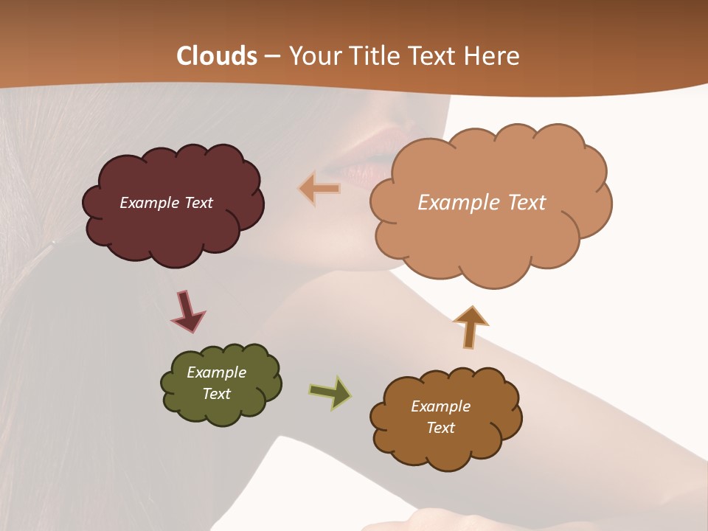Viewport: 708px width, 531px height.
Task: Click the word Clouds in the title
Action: (x=217, y=56)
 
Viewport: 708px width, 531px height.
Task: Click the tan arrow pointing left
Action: (x=320, y=189)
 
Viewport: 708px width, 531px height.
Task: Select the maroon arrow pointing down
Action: (x=187, y=312)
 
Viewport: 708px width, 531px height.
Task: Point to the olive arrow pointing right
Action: (x=330, y=392)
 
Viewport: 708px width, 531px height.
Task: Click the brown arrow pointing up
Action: (x=471, y=327)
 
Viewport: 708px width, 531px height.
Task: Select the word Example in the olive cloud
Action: (x=216, y=372)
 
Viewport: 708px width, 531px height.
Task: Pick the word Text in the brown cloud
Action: (x=440, y=428)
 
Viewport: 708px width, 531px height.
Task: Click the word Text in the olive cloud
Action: (x=216, y=394)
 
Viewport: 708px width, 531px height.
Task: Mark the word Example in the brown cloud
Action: (x=440, y=406)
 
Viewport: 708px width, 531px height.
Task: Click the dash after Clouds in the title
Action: (x=271, y=57)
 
